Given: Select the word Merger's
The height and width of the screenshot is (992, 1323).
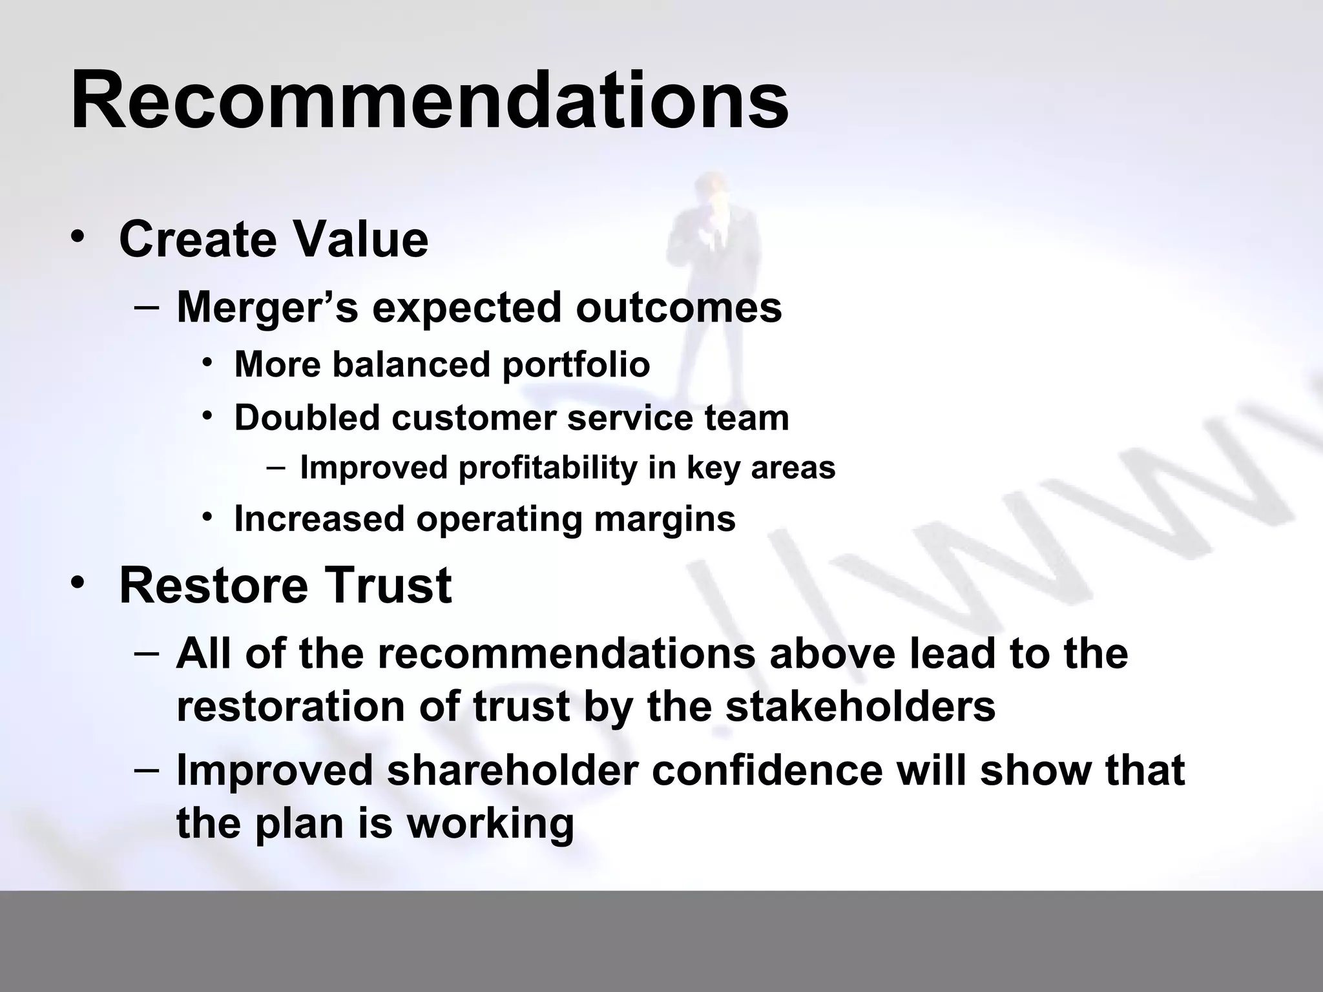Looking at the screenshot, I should [267, 307].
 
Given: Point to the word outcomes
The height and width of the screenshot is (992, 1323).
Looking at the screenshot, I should [679, 307].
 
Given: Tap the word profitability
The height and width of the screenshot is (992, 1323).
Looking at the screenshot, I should [548, 468].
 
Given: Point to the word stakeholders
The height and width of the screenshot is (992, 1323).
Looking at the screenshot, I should [860, 707].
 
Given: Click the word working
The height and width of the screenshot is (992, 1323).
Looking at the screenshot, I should [490, 823].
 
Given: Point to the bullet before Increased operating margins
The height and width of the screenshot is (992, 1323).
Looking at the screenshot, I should [207, 517].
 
